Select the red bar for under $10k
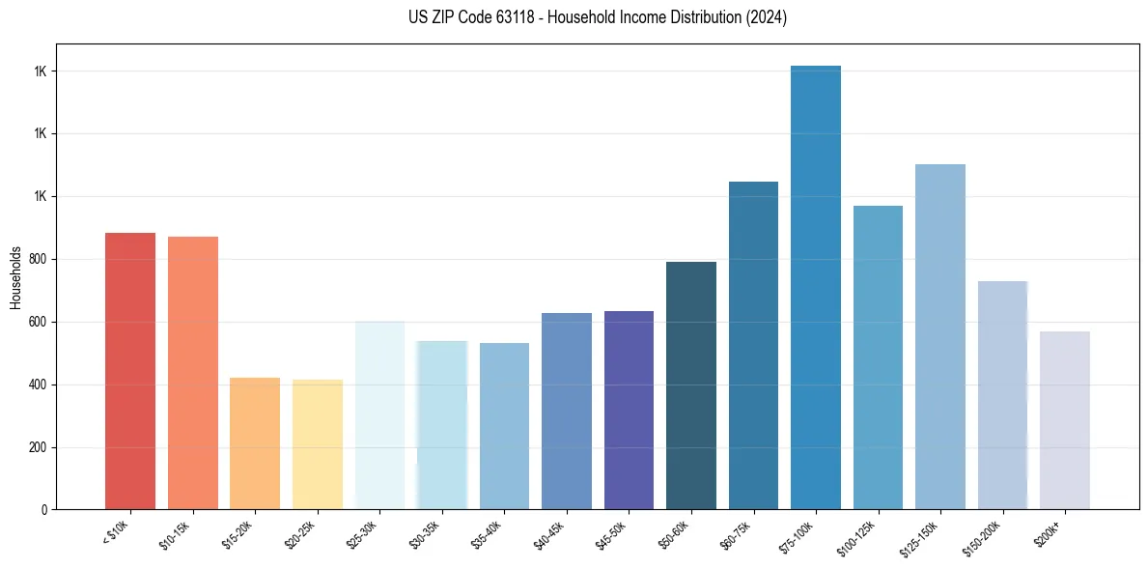click(x=130, y=371)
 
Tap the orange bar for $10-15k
click(x=192, y=373)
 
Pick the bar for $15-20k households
click(x=255, y=443)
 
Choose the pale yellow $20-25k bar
click(x=317, y=444)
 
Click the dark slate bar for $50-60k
click(x=691, y=385)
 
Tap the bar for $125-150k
click(x=939, y=337)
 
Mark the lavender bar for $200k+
click(x=1064, y=420)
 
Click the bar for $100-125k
click(x=878, y=357)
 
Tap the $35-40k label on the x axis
click(x=488, y=534)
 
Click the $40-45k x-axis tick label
click(x=550, y=534)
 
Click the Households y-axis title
click(x=15, y=277)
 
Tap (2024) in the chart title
click(x=767, y=18)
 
